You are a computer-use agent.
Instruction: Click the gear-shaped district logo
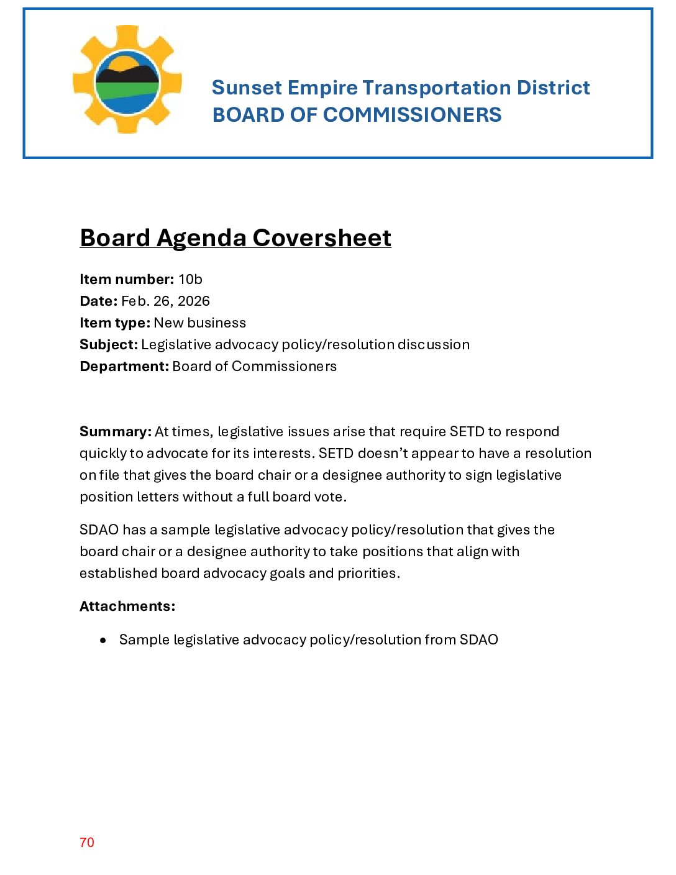coord(127,80)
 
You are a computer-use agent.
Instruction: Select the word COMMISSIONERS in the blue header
coord(412,115)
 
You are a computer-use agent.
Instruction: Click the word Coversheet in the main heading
coord(322,238)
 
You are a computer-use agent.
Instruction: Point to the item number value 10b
coord(190,280)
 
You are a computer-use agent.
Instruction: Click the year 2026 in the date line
coord(194,301)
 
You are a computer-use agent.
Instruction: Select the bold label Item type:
coord(115,323)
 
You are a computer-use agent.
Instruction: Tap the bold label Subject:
coord(109,345)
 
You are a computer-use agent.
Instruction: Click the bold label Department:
coord(124,367)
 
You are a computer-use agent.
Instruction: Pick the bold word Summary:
coord(116,432)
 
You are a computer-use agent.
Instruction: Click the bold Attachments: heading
coord(127,607)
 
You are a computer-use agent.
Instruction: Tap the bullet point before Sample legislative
coord(103,640)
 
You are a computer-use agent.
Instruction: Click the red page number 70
coord(87,843)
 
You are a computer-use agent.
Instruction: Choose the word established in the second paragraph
coord(118,574)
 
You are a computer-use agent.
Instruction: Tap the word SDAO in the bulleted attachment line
coord(478,640)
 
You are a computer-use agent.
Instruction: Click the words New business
coord(200,323)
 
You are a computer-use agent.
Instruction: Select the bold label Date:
coord(98,301)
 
